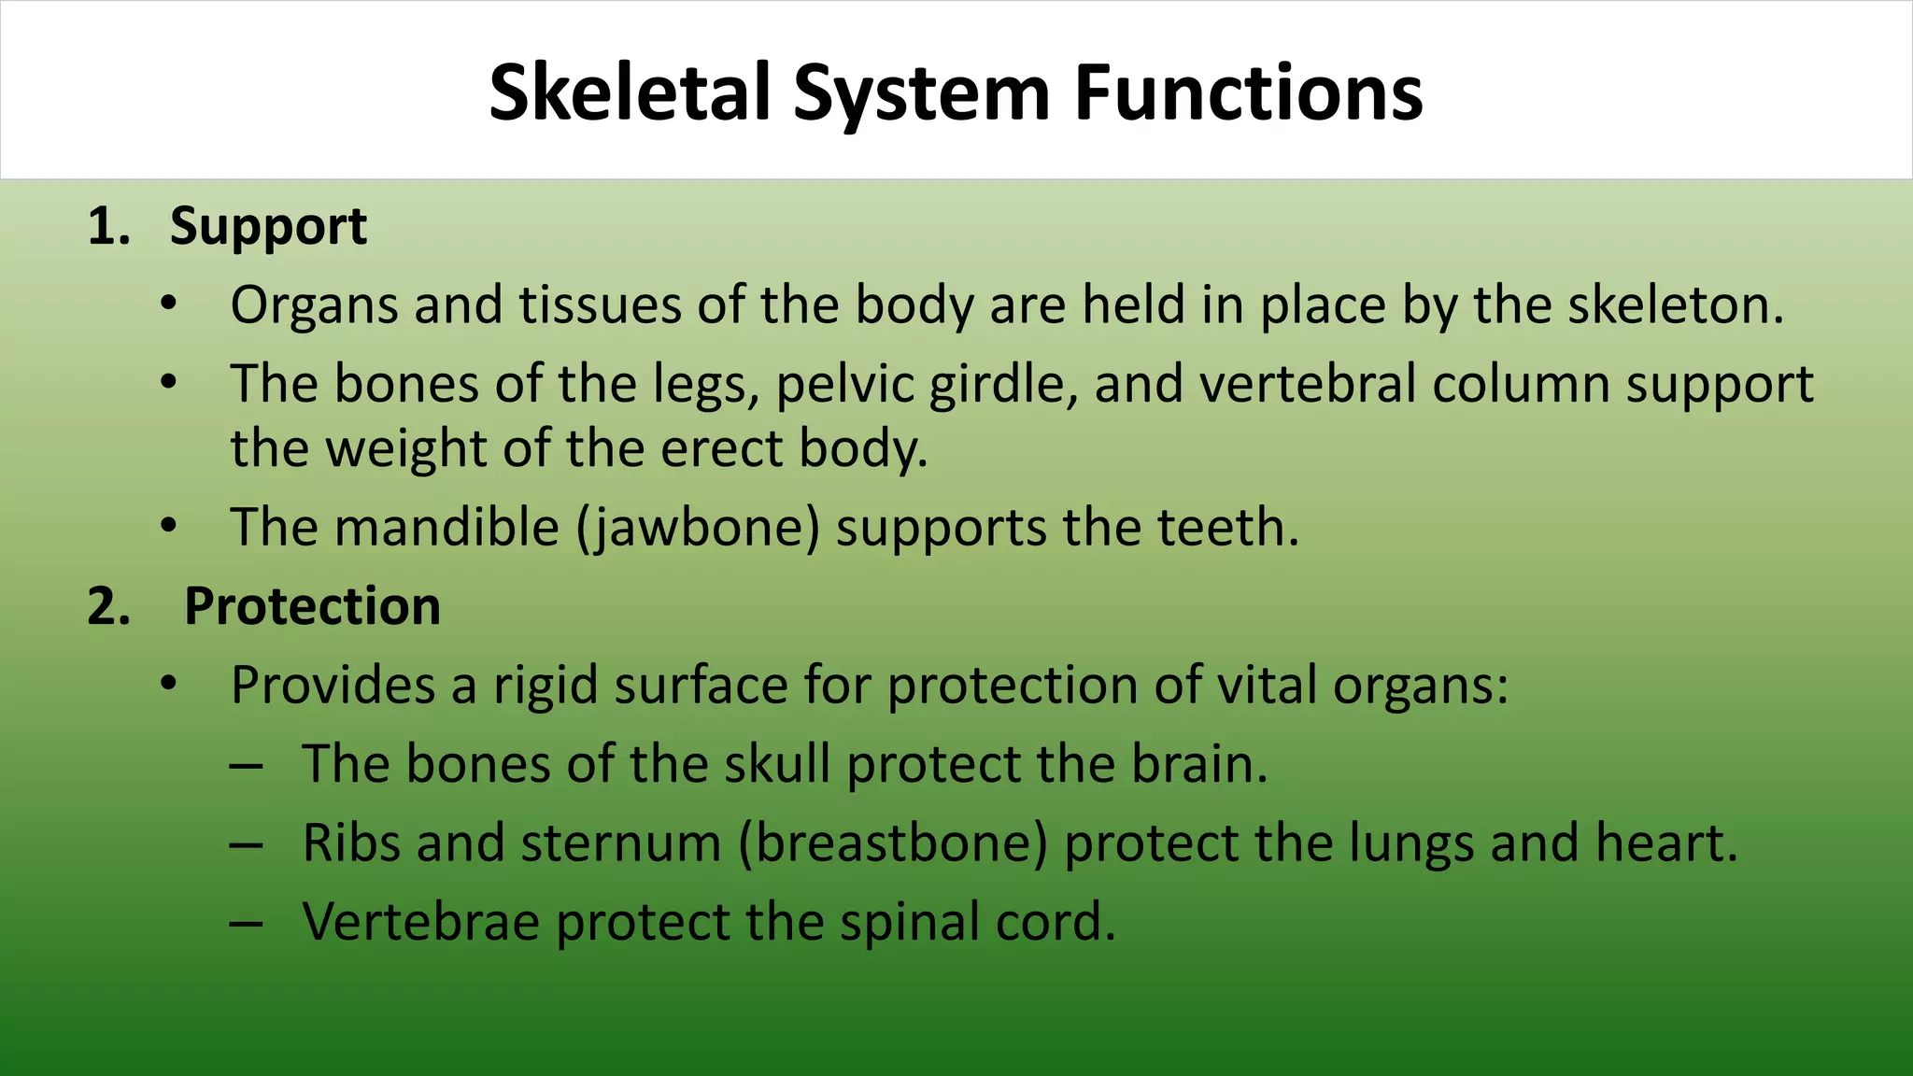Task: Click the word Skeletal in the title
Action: (631, 92)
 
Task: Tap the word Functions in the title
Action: (1248, 92)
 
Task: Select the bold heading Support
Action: (268, 227)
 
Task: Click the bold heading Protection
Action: (312, 606)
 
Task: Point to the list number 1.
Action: (107, 227)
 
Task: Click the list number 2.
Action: (108, 606)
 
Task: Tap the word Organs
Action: (314, 306)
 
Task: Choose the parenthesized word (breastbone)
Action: (893, 843)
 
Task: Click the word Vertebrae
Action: (421, 922)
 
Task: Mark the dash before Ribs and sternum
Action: (246, 845)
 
